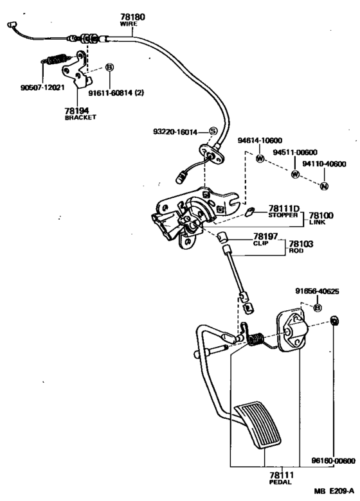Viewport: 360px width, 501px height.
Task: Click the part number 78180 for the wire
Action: pos(132,17)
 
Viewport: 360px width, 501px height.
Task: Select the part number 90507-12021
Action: pos(42,87)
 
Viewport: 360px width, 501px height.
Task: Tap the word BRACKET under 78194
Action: pos(80,118)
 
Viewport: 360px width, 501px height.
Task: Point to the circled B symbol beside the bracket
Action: pos(109,67)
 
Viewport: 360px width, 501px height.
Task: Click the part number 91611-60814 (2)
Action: pos(116,93)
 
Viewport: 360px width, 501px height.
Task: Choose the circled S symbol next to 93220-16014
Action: pos(213,131)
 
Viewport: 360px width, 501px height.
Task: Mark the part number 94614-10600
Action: pos(260,141)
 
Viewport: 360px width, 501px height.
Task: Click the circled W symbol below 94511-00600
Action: pos(295,174)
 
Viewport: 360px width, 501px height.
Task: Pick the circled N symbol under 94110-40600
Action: pos(324,186)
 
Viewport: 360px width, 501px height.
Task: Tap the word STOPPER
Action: pos(283,215)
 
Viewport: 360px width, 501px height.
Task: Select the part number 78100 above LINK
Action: pos(321,215)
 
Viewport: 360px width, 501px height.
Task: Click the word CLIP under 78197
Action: pos(261,243)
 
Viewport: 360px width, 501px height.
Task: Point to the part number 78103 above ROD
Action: pos(301,244)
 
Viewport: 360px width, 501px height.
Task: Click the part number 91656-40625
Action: pos(317,292)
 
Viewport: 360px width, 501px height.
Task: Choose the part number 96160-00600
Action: pos(334,461)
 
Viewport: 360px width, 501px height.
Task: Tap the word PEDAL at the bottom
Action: pos(280,482)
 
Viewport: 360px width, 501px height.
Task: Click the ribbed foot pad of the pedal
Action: pos(258,425)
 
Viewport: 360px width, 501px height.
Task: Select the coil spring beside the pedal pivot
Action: pos(256,340)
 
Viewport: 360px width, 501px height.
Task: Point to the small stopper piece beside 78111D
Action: pos(249,211)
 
